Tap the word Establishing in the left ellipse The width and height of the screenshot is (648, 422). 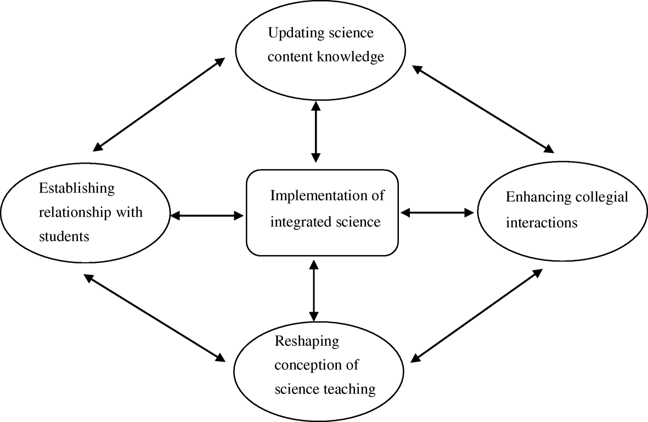77,188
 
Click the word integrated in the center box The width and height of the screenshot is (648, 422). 298,222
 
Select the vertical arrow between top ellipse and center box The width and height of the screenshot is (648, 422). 315,132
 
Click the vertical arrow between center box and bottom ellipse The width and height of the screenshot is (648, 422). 313,291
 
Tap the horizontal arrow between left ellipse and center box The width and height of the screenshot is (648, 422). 207,216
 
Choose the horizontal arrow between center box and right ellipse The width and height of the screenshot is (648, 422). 437,212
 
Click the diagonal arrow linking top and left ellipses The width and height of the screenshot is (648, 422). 159,104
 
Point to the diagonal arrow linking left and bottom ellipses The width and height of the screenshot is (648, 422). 155,318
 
